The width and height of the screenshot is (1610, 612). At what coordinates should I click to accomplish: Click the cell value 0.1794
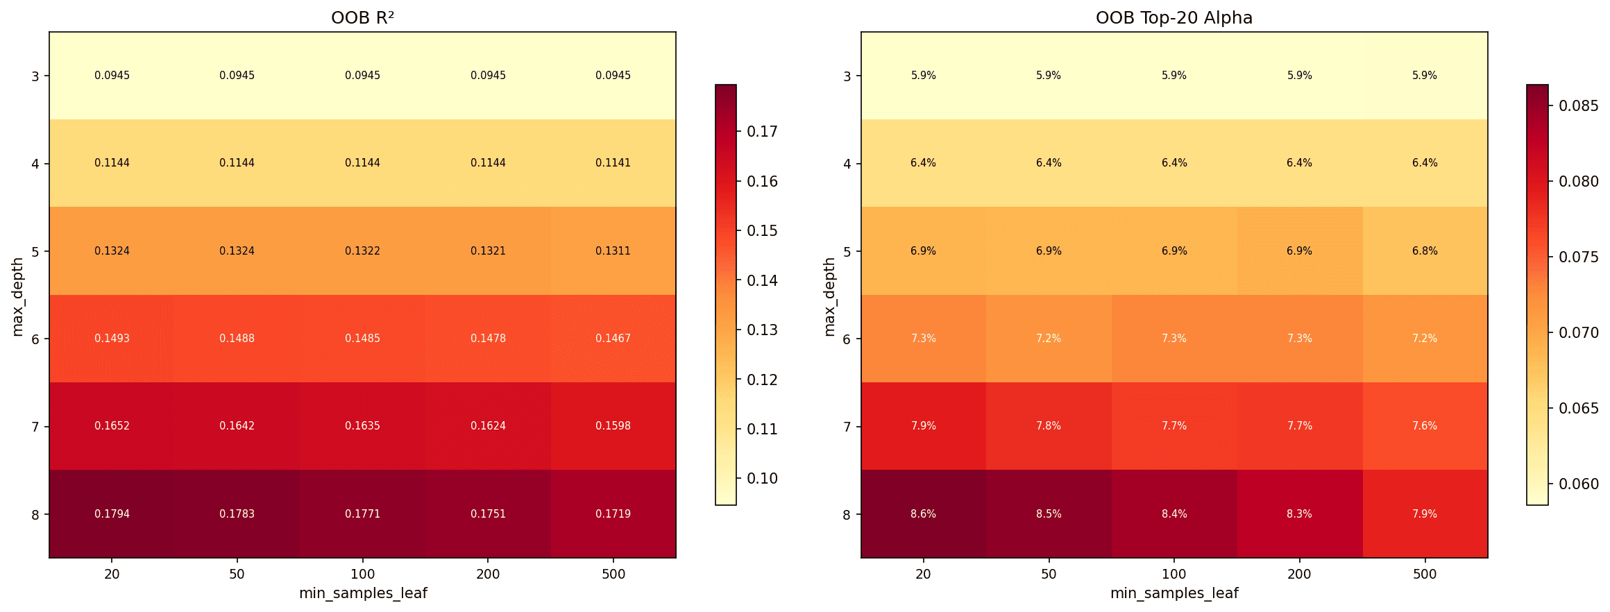click(x=112, y=514)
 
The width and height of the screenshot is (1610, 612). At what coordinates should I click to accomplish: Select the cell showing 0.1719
click(x=613, y=514)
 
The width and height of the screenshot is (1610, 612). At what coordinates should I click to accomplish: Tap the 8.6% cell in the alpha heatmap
click(x=923, y=514)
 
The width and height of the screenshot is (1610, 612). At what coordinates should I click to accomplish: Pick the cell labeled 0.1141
click(x=613, y=163)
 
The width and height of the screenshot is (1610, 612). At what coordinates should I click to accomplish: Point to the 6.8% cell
click(x=1424, y=251)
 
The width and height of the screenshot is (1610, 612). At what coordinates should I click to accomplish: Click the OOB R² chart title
click(x=362, y=18)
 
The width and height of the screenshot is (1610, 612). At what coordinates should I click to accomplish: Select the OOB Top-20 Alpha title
click(x=1174, y=18)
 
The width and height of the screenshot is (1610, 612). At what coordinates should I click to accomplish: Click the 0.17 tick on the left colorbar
click(x=762, y=132)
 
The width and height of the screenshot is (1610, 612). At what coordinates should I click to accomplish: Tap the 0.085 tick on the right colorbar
click(x=1579, y=106)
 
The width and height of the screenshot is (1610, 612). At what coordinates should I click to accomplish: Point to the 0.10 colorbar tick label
click(x=762, y=479)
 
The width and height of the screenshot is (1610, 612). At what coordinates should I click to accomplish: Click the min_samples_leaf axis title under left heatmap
click(x=362, y=594)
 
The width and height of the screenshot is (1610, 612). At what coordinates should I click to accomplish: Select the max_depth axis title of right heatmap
click(x=829, y=297)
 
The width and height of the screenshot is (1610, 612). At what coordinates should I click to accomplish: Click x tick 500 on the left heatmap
click(x=613, y=575)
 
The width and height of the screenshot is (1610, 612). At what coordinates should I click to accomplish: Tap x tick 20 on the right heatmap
click(x=923, y=575)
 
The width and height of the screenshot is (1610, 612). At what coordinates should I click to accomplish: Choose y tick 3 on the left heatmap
click(x=35, y=76)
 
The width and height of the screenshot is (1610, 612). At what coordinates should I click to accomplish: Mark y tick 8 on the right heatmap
click(x=847, y=515)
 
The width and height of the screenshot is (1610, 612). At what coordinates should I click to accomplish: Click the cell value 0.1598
click(x=613, y=426)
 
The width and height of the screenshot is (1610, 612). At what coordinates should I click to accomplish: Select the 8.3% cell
click(x=1299, y=514)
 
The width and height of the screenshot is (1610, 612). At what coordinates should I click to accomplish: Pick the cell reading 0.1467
click(x=613, y=339)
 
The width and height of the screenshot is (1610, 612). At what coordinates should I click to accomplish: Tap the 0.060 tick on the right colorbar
click(x=1579, y=484)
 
